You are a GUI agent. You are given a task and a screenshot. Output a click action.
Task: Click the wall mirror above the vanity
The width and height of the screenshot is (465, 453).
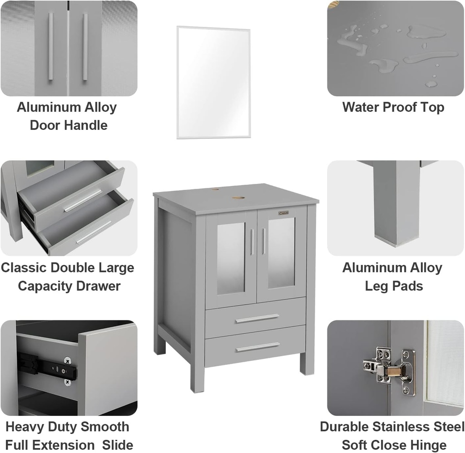pyautogui.click(x=213, y=82)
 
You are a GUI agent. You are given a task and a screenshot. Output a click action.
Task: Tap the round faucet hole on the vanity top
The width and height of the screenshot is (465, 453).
pyautogui.click(x=237, y=197)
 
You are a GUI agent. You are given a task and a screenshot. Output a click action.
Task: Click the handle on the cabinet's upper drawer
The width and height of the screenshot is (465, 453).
pyautogui.click(x=257, y=319)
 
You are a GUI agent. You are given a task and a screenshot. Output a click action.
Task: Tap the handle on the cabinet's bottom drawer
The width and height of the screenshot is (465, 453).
pyautogui.click(x=257, y=347)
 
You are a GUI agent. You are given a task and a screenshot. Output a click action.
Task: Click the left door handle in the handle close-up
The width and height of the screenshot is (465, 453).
pyautogui.click(x=51, y=47)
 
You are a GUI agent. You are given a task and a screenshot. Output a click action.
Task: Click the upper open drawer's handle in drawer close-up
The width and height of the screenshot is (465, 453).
pyautogui.click(x=83, y=201)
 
